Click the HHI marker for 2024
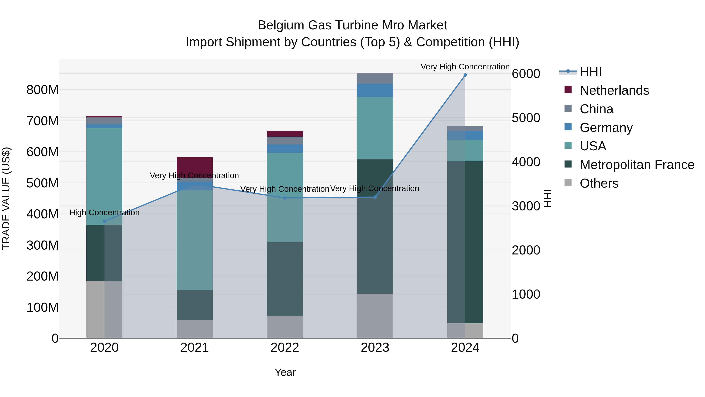(x=465, y=75)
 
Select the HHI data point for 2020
(x=104, y=221)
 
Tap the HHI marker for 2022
(x=285, y=198)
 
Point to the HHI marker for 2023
(x=375, y=197)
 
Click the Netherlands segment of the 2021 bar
(x=195, y=164)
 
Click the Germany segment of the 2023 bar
(x=375, y=90)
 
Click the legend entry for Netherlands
(x=614, y=90)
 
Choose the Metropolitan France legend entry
(x=637, y=165)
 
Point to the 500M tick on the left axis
(x=42, y=183)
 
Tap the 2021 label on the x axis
(x=195, y=348)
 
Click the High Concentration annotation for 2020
(x=104, y=213)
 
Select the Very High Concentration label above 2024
(x=465, y=67)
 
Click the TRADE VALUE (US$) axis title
(x=6, y=198)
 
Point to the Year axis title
(x=285, y=372)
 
